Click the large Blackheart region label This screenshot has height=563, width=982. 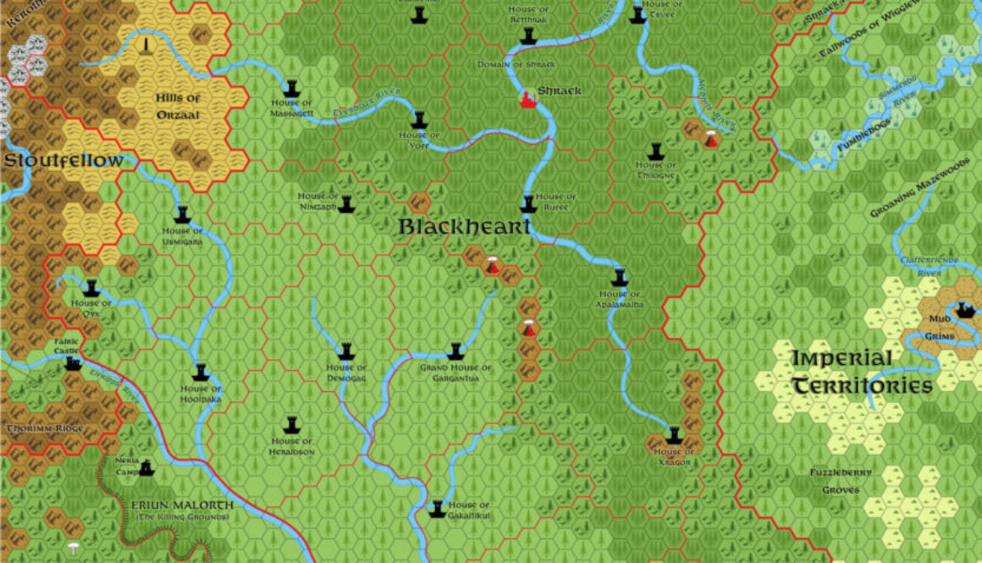coord(465,227)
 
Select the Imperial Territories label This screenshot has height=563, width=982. coord(862,373)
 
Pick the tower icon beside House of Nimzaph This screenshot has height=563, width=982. coord(345,204)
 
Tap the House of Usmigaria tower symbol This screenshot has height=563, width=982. coord(182,215)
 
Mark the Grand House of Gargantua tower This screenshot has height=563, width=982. coord(455,351)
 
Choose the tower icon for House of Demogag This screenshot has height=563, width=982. coord(345,351)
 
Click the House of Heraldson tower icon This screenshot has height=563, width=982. coord(293,423)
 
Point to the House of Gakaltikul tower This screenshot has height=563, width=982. coord(437,509)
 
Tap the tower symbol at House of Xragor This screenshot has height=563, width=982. coord(674,436)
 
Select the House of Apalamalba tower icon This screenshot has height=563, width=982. coord(620,278)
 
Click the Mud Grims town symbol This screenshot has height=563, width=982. coord(963,311)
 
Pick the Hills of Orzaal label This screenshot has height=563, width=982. coord(178,106)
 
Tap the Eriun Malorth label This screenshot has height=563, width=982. coord(181,506)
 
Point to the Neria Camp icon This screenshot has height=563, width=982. coord(146,466)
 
